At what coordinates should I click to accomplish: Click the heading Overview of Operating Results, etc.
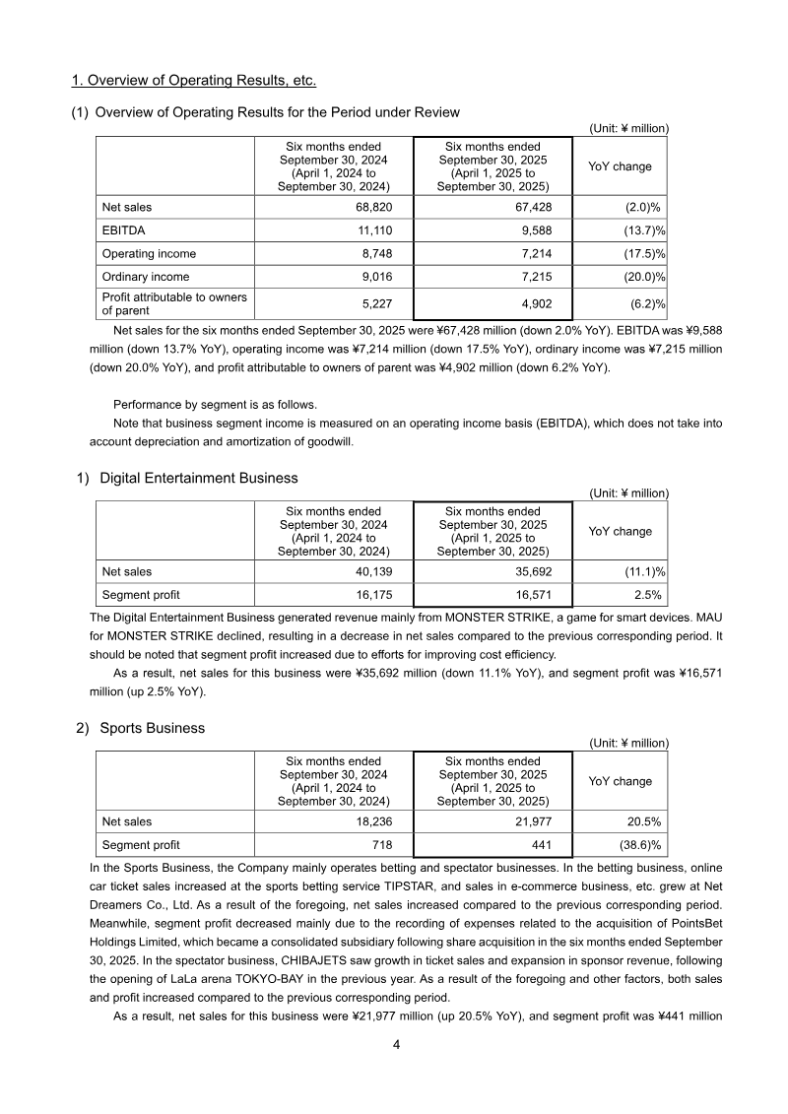coord(194,79)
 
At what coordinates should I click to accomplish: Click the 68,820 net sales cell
coord(369,208)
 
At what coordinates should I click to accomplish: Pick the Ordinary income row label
coord(146,277)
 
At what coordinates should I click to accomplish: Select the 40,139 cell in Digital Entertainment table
coord(369,571)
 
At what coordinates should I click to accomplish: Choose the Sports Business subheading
coord(153,728)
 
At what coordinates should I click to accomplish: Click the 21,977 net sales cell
coord(527,821)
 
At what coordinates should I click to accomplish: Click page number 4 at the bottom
coord(395,1045)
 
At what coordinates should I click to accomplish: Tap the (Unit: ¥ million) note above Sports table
coord(628,743)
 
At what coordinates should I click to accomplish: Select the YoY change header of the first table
coord(620,166)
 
